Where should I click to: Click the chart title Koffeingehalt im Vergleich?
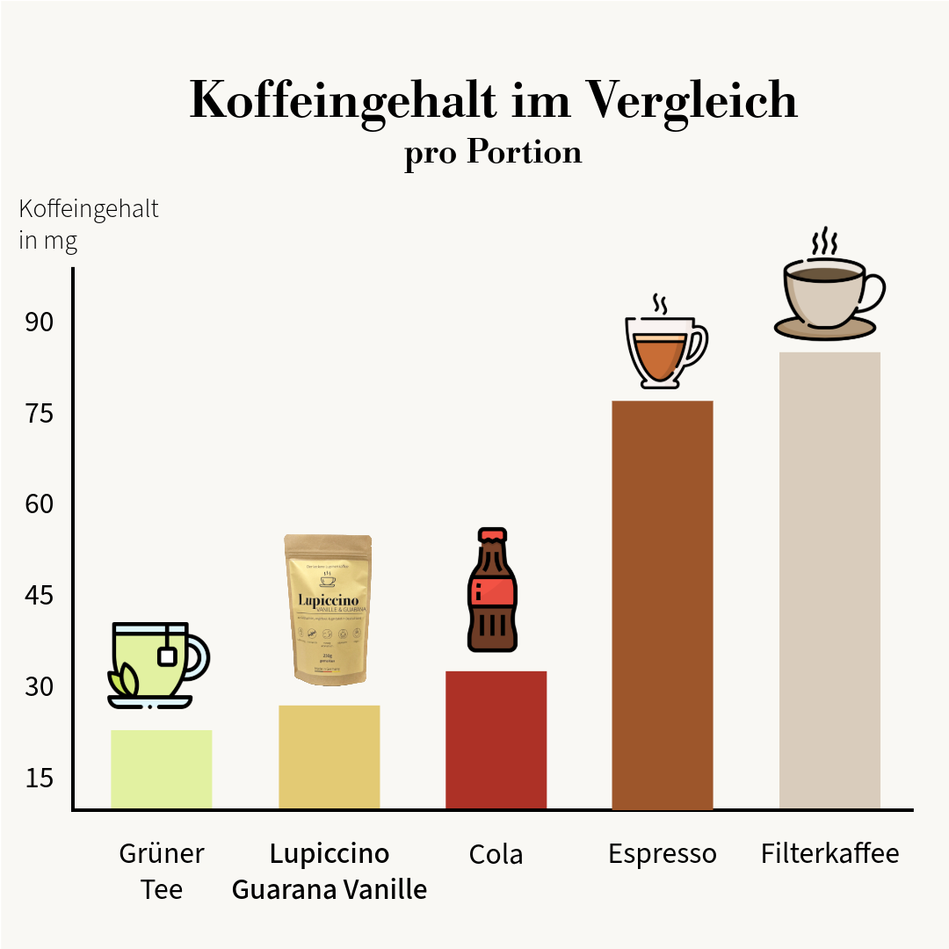493,101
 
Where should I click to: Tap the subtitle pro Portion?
493,153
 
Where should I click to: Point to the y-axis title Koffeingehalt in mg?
88,224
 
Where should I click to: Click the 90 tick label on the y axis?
39,322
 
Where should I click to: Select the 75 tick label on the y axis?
39,414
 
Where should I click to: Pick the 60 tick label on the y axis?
39,504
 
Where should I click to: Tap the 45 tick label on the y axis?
39,596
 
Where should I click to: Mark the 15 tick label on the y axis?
39,778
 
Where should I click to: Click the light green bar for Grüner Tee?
162,769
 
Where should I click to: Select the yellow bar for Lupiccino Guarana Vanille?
329,757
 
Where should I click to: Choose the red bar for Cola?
496,740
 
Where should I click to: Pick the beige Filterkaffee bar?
829,580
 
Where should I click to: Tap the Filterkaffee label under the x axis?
829,853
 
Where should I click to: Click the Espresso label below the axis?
662,853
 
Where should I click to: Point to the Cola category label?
496,854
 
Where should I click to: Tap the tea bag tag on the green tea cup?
167,655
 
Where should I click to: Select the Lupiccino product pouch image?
328,608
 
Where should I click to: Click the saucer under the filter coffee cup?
825,329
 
